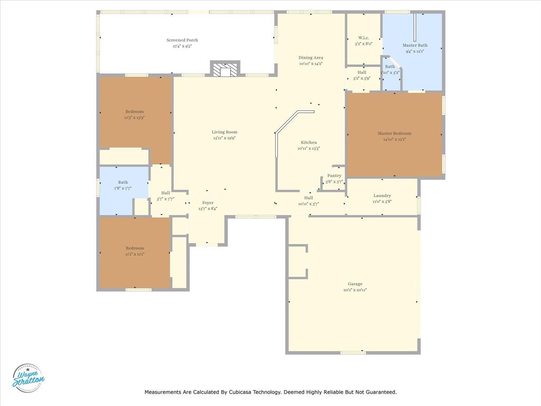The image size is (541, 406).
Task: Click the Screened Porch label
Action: click(182, 40)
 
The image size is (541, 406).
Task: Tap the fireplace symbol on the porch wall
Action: click(226, 69)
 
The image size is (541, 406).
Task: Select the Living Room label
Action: click(225, 132)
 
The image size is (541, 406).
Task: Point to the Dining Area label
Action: click(311, 58)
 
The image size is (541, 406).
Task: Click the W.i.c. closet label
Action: click(363, 38)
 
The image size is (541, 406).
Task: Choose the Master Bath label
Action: click(415, 45)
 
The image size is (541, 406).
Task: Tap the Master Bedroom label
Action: click(394, 133)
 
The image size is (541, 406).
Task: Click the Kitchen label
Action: click(309, 142)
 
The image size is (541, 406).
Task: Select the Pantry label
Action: click(334, 176)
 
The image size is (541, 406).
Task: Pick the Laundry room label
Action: click(382, 196)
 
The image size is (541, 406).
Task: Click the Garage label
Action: click(355, 284)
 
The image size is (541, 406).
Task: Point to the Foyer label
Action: click(208, 202)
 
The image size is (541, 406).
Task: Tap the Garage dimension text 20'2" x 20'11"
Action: click(355, 290)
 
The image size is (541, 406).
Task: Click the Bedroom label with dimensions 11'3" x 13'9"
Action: click(134, 112)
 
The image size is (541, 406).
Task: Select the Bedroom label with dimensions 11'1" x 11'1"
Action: click(134, 248)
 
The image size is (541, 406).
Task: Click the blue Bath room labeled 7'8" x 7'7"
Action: click(123, 185)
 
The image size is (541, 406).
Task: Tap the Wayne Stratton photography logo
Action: click(29, 378)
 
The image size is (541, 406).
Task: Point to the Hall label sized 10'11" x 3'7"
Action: click(309, 198)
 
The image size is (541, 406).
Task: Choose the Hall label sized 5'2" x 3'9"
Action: click(362, 72)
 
